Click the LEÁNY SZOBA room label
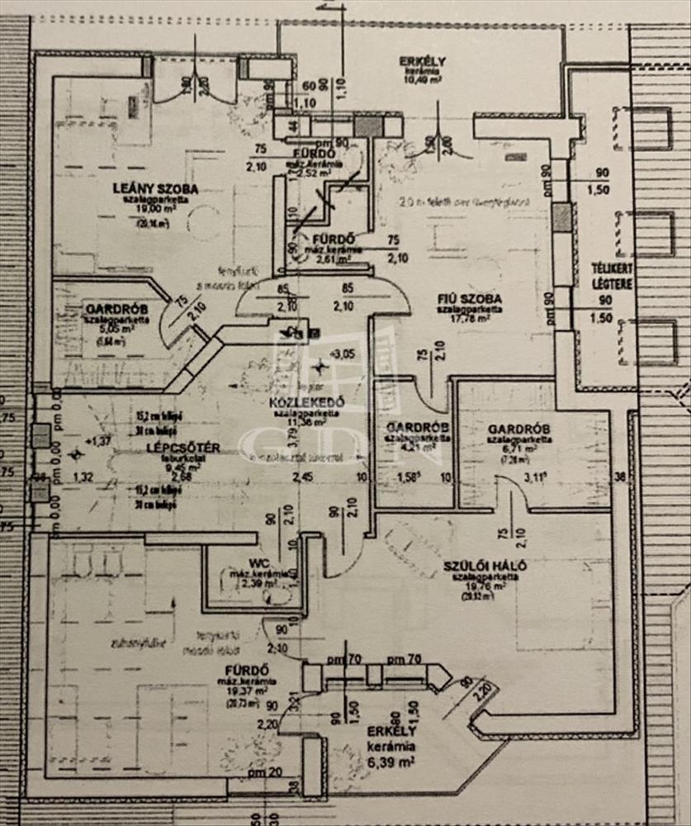tap(154, 188)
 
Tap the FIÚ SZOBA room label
tap(470, 299)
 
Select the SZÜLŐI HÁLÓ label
tap(485, 566)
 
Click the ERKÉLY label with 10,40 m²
tap(423, 61)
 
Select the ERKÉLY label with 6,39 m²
tap(392, 732)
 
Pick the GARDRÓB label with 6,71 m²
tap(514, 430)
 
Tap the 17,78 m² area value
tap(469, 319)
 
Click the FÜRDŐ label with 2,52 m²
tap(314, 153)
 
